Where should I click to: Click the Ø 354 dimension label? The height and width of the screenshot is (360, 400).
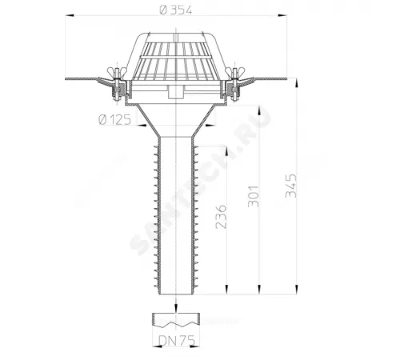[x=175, y=10]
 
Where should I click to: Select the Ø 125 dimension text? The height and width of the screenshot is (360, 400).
[x=115, y=119]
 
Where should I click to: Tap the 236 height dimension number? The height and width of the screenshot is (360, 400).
[x=221, y=217]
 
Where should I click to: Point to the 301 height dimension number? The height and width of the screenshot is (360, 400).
[x=254, y=196]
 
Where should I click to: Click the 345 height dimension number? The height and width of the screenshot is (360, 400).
[x=291, y=186]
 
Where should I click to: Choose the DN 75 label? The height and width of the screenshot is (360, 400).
[x=177, y=340]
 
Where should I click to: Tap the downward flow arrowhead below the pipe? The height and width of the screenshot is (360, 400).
[x=176, y=308]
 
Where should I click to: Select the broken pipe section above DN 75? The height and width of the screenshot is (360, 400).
[x=176, y=320]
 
